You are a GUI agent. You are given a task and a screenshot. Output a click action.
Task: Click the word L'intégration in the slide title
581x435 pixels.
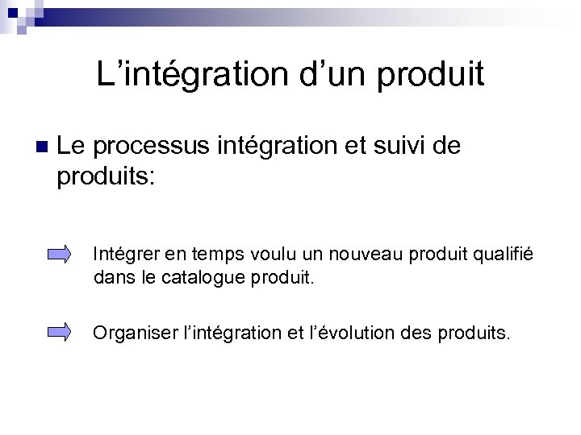(x=181, y=74)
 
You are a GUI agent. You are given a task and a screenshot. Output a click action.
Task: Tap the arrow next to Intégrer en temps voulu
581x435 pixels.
(x=60, y=255)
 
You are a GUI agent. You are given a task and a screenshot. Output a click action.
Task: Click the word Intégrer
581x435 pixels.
(x=123, y=255)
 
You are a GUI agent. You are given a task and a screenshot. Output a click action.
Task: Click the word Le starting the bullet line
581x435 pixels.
(x=70, y=147)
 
